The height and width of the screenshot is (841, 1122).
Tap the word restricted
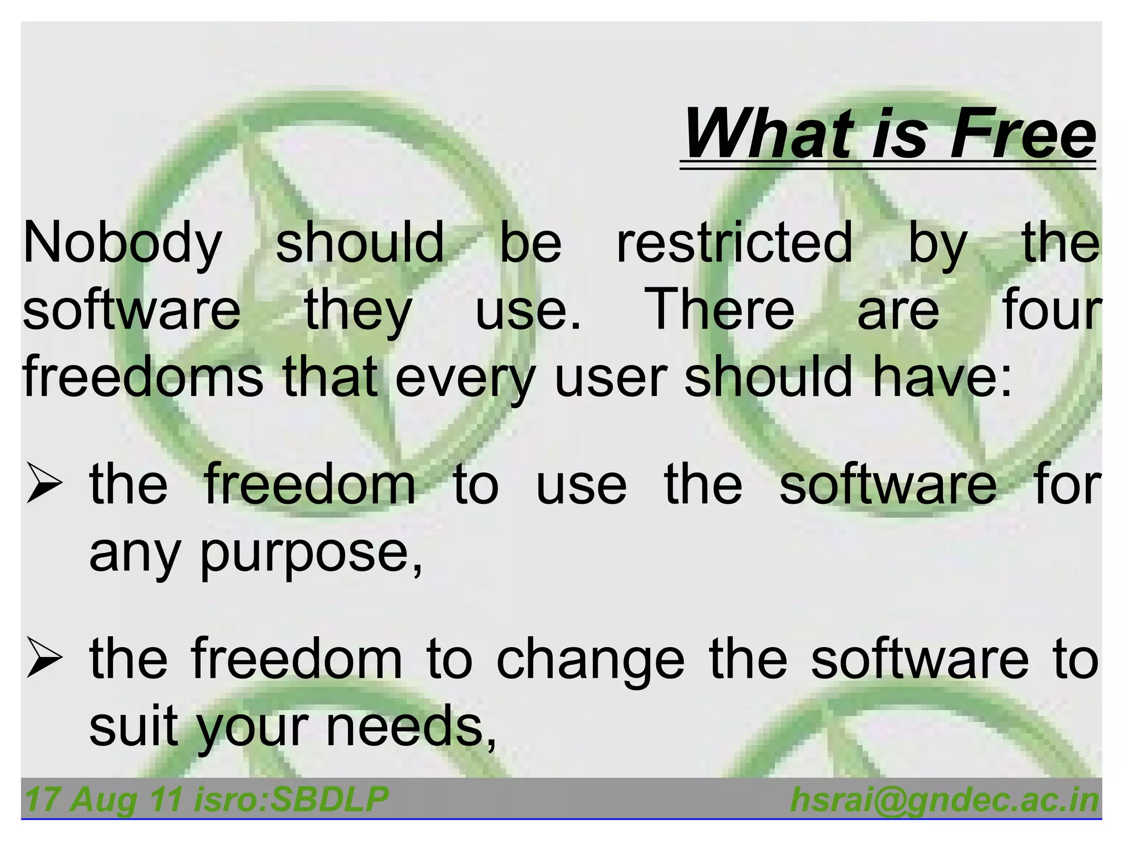(734, 243)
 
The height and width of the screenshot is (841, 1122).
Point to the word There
(719, 310)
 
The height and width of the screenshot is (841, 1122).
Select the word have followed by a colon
(935, 377)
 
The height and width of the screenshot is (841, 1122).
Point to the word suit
(134, 727)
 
